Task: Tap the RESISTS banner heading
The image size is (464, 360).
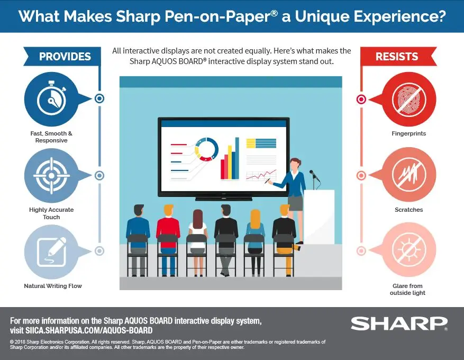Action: point(397,57)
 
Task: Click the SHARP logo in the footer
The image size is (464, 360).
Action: point(399,323)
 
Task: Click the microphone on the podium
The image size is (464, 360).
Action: point(313,175)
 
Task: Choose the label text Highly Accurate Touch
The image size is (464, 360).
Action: point(51,213)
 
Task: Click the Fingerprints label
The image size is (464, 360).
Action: point(409,134)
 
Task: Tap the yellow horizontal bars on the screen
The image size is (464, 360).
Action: point(258,143)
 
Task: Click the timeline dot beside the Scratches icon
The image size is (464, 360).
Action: point(361,175)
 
